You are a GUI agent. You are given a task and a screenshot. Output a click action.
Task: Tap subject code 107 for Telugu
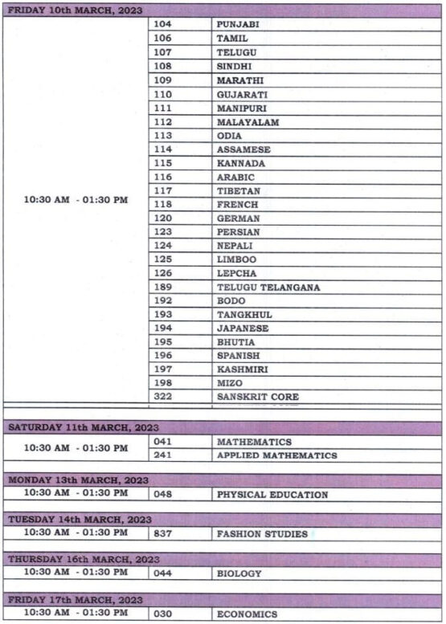pos(163,52)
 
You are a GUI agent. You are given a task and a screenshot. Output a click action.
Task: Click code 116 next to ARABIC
pos(163,177)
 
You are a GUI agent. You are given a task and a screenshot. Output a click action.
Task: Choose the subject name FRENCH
pos(238,205)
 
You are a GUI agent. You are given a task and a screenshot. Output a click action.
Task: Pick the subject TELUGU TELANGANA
pos(268,288)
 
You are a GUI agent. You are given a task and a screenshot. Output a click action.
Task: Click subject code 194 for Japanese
pos(163,328)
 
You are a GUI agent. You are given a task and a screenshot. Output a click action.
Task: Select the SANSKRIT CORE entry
pos(257,397)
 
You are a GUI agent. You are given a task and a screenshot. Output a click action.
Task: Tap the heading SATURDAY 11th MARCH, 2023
pos(84,427)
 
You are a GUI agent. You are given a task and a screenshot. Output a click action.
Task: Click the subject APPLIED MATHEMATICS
pos(276,455)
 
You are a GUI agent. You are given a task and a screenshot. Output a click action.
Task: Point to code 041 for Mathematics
pos(163,442)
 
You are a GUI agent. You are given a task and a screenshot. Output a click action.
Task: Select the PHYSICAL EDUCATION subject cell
pos(272,495)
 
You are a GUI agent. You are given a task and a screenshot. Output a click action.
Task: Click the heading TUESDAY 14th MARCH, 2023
pos(80,520)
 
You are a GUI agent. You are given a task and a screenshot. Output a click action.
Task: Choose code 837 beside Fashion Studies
pos(163,533)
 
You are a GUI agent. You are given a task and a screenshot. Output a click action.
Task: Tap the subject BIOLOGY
pos(239,573)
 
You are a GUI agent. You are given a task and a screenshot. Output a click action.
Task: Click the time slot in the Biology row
pos(76,572)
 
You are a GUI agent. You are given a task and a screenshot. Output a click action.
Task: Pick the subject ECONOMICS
pos(247,614)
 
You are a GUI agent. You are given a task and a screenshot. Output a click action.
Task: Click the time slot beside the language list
pos(76,199)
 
